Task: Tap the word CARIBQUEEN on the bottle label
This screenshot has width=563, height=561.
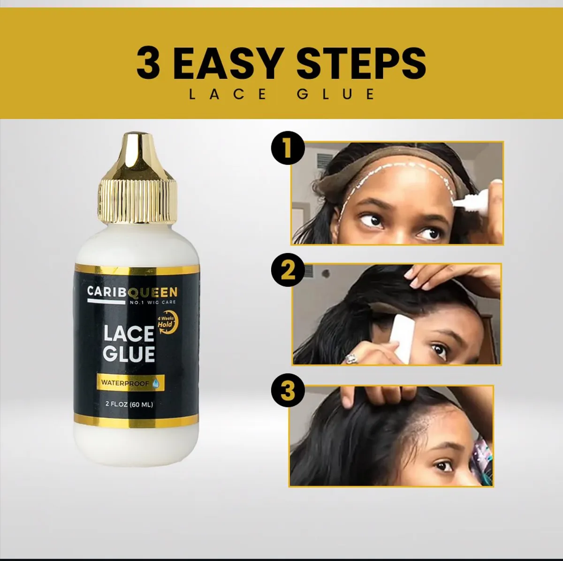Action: (132, 292)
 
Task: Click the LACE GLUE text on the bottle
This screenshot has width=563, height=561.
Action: (129, 343)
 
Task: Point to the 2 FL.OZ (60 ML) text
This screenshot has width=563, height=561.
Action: (129, 404)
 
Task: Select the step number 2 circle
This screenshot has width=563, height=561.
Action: (288, 271)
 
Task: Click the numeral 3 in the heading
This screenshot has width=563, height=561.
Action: (148, 63)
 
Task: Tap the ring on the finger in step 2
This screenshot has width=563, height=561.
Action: (351, 359)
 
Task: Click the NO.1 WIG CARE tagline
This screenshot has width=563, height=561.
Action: (152, 303)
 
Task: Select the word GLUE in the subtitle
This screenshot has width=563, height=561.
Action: (335, 94)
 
